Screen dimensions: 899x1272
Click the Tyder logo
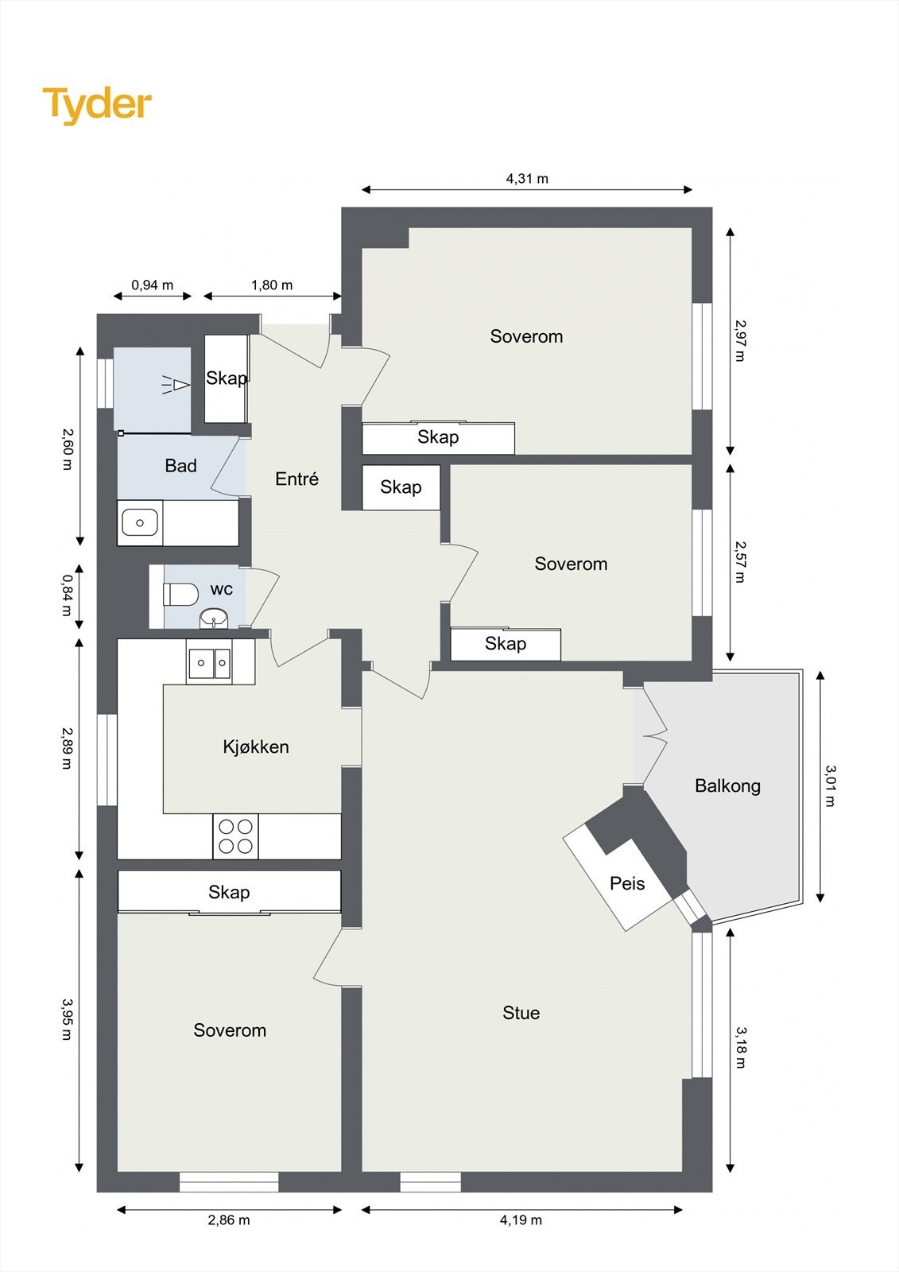[x=97, y=106]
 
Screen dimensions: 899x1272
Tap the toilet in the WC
[x=180, y=595]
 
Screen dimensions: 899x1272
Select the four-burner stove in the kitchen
[x=236, y=836]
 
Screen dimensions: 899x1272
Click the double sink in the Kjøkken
[x=209, y=662]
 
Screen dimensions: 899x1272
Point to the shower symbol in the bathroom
[x=176, y=385]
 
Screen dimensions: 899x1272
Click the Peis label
[x=627, y=883]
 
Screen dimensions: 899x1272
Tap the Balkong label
[x=727, y=786]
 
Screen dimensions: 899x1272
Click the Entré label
[x=296, y=479]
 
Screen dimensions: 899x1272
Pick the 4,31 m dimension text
[x=527, y=178]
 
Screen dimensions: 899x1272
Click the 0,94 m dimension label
[x=152, y=285]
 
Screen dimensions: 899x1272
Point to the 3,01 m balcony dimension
[x=831, y=786]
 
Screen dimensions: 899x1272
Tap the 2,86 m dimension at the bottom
[x=229, y=1220]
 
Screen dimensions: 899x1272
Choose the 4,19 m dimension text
[x=521, y=1220]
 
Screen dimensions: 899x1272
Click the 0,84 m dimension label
[x=67, y=595]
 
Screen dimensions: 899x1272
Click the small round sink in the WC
[x=214, y=618]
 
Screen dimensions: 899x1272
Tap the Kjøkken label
[x=256, y=747]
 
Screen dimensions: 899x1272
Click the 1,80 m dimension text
[x=272, y=285]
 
